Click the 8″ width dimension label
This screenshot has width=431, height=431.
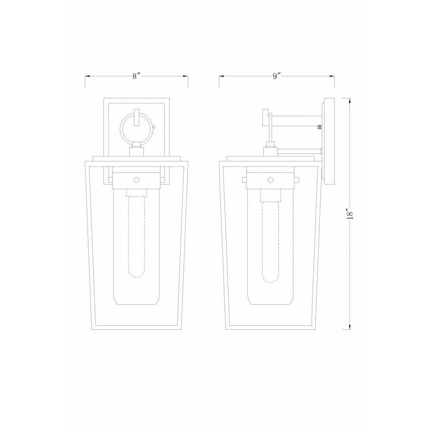click(136, 76)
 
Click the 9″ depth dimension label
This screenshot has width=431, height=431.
click(277, 76)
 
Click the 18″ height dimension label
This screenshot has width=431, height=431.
click(350, 214)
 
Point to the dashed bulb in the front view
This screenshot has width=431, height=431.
click(136, 236)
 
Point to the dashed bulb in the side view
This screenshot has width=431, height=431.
click(271, 242)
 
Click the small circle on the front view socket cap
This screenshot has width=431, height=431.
click(136, 180)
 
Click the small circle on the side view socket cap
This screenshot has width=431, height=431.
click(271, 180)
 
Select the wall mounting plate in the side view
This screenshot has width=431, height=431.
click(329, 141)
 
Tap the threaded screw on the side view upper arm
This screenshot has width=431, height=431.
click(320, 127)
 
